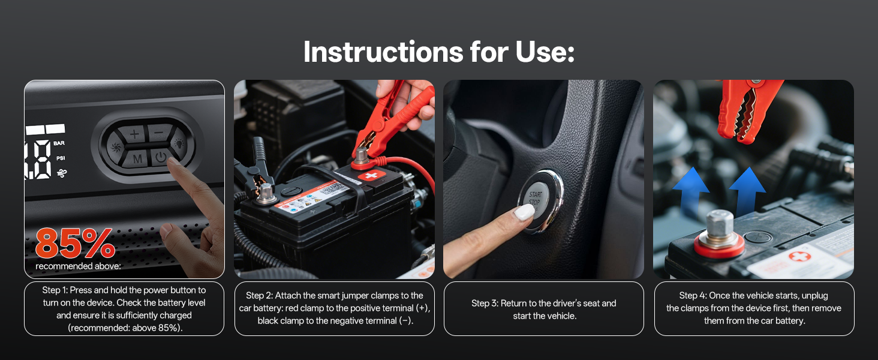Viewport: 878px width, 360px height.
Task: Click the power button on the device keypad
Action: (x=161, y=158)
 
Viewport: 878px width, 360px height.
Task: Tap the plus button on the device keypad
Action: (x=134, y=134)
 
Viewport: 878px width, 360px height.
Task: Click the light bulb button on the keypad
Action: (x=179, y=143)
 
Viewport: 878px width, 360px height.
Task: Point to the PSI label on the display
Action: (x=61, y=158)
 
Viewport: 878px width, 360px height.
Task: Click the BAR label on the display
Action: (x=59, y=143)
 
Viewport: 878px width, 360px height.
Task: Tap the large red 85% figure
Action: (x=75, y=244)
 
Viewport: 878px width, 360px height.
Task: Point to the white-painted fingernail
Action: (x=524, y=213)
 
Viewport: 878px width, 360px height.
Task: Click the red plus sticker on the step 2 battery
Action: (x=371, y=176)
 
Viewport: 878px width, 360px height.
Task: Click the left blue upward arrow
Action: (x=691, y=192)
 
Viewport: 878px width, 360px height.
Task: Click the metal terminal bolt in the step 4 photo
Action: (x=719, y=229)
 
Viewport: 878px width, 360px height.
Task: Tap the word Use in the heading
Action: (x=545, y=52)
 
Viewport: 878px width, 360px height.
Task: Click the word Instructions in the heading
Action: (x=383, y=52)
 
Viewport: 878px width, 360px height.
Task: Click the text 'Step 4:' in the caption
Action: (x=693, y=295)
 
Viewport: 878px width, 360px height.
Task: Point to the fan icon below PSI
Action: (x=62, y=173)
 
